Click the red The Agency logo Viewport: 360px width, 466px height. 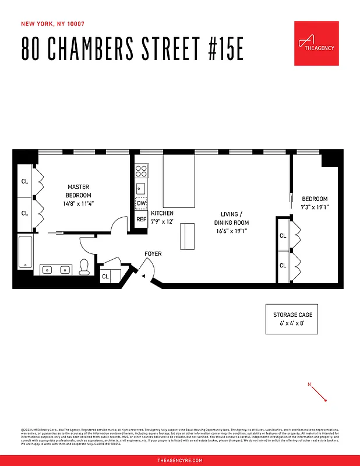pos(316,44)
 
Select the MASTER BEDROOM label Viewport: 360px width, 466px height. pos(79,190)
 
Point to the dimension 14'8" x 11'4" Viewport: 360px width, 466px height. pos(79,204)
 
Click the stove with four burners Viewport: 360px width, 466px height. pos(141,171)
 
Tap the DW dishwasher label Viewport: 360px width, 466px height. pos(141,203)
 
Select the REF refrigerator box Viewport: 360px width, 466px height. pos(141,220)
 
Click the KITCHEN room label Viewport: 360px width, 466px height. pos(162,213)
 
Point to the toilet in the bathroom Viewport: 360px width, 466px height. pos(84,267)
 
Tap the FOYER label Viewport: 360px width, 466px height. pos(153,254)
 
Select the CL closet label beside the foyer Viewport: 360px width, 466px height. pos(105,277)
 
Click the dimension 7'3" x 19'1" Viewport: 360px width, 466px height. pos(315,207)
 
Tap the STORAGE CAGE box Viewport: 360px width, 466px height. pos(293,319)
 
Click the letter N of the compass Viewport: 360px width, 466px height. pos(310,384)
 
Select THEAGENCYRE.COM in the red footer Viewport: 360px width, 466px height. pos(180,460)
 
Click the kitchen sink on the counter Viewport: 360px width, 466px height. pos(140,188)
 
